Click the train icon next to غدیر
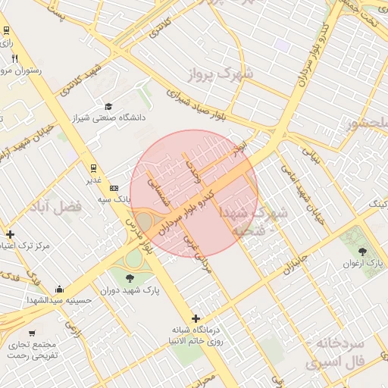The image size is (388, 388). point(93,168)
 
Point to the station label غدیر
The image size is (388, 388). point(93,180)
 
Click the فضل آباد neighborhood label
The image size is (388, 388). point(55,206)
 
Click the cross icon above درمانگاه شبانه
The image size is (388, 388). point(196,318)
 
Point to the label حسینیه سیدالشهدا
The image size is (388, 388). point(64,300)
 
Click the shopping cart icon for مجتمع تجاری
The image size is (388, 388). point(32,333)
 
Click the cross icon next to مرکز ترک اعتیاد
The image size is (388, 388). point(10,234)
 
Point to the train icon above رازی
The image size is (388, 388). point(7,30)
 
